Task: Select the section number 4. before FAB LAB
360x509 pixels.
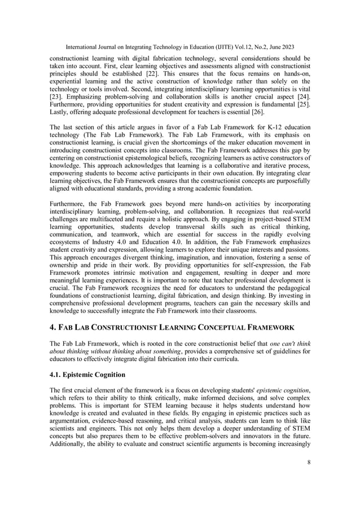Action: click(x=53, y=326)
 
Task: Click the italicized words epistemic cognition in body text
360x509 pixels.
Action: click(x=281, y=390)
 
